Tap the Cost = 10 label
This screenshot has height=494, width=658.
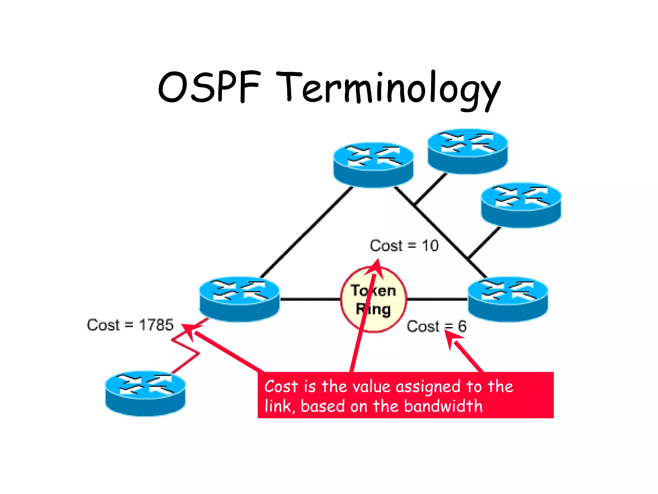[x=404, y=246]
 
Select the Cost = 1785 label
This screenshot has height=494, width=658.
[x=130, y=325]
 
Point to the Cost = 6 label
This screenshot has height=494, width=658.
[x=436, y=326]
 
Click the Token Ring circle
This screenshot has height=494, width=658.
[x=373, y=299]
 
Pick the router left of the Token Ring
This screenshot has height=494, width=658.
[x=239, y=299]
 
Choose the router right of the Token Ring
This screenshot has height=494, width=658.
[x=508, y=299]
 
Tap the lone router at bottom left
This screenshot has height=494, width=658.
[x=145, y=394]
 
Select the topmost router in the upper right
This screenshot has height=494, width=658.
[x=467, y=151]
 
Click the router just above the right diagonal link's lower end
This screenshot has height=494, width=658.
[x=521, y=205]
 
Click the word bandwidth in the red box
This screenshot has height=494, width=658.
[x=443, y=406]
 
